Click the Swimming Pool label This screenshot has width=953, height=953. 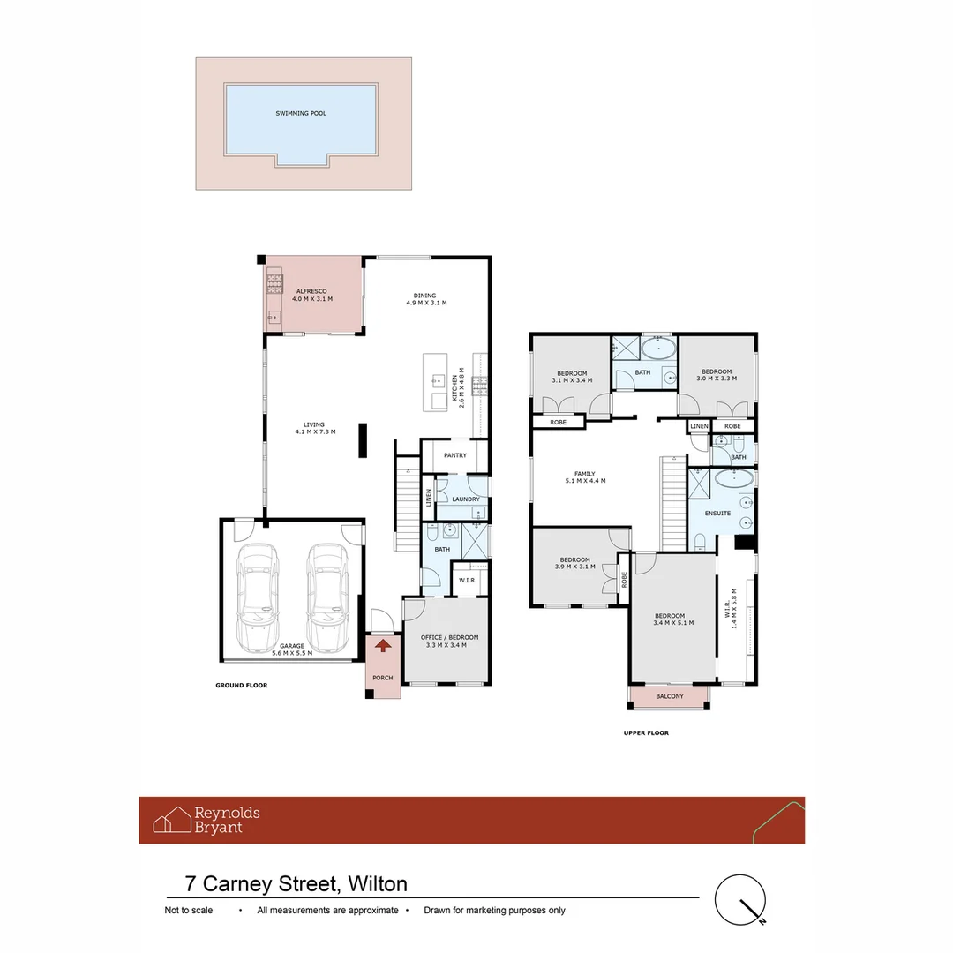301,113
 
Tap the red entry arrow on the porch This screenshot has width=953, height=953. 382,646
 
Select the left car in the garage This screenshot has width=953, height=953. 259,597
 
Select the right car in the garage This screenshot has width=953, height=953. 327,597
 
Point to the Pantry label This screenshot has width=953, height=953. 455,455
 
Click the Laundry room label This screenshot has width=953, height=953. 466,499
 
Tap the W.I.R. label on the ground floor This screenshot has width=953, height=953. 468,580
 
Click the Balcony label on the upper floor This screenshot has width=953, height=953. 670,696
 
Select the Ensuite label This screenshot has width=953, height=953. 717,513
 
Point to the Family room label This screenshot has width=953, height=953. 585,477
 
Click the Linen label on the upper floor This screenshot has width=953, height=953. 699,427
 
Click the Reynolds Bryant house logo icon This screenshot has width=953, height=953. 172,820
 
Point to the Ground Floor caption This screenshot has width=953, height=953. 241,685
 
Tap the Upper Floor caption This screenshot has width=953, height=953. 646,732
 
